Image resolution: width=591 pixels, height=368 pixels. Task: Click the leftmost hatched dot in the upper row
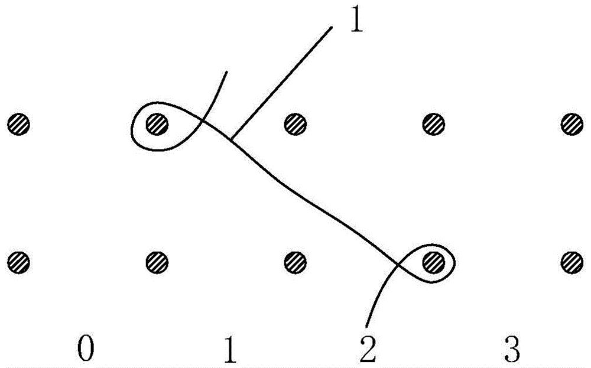(x=18, y=124)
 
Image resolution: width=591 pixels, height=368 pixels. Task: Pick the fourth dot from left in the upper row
(x=433, y=124)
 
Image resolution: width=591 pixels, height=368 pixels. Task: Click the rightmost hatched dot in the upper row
(x=571, y=124)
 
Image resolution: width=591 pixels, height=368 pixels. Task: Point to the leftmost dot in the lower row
(x=18, y=260)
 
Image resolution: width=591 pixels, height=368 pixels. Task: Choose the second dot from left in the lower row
(x=157, y=260)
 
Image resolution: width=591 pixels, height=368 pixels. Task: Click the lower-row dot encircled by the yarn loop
(x=434, y=260)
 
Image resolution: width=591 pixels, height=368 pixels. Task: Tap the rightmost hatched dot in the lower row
(x=571, y=260)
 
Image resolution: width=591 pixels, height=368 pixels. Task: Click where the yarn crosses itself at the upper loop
(x=203, y=123)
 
